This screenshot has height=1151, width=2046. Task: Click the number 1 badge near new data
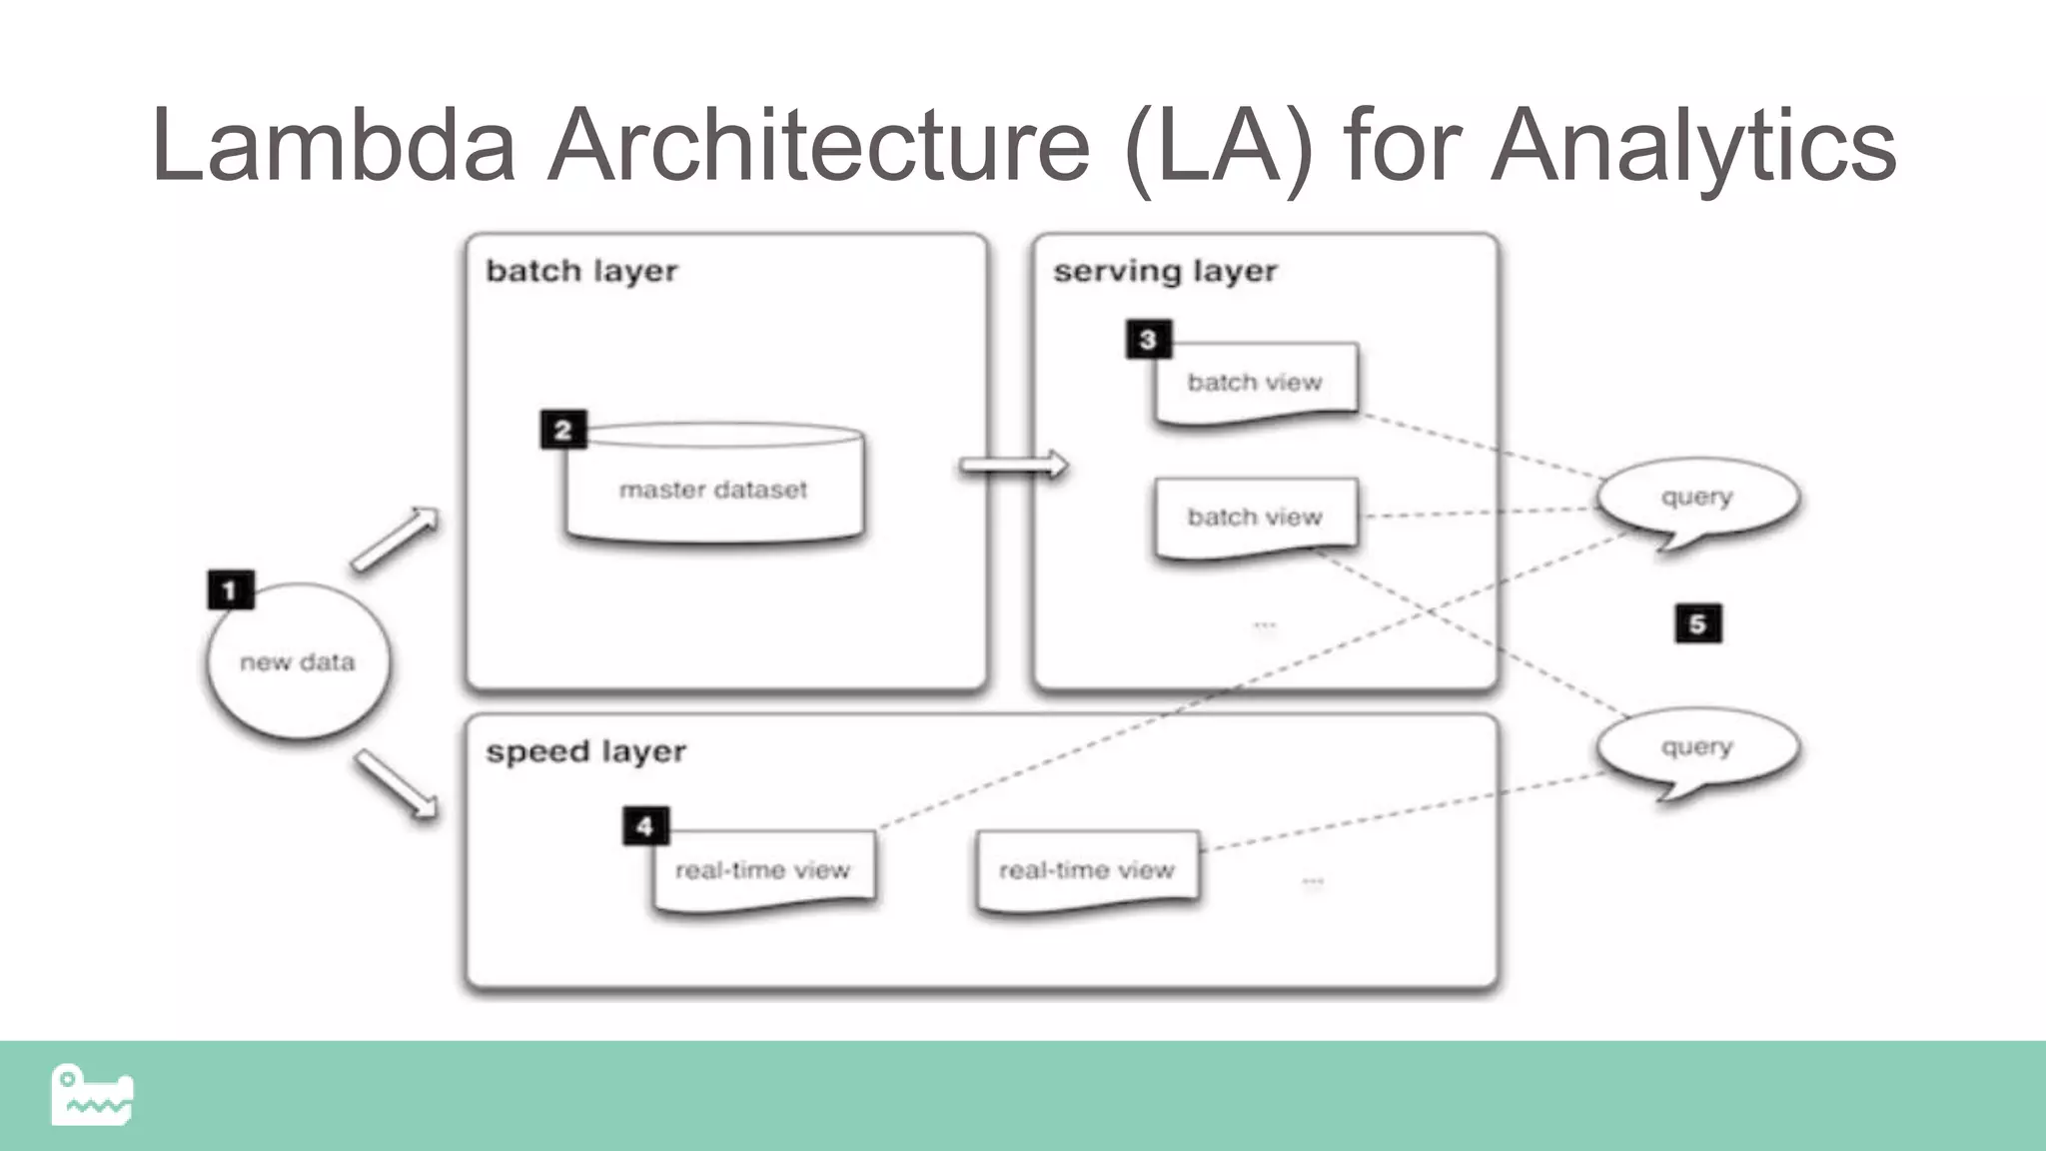click(x=231, y=589)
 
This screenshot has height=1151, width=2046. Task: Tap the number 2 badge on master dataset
click(x=563, y=430)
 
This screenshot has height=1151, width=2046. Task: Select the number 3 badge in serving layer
click(x=1148, y=340)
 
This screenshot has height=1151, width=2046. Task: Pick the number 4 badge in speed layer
click(x=645, y=826)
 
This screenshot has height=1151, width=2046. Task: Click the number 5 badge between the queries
click(x=1697, y=624)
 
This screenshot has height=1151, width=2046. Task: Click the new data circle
click(x=298, y=662)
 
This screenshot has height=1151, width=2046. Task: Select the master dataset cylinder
click(x=713, y=488)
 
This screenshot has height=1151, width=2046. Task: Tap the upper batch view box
click(x=1256, y=383)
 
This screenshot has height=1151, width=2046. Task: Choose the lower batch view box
click(x=1256, y=517)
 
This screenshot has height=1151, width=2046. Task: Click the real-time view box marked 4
click(x=763, y=870)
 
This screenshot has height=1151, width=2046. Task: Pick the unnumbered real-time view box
click(x=1087, y=870)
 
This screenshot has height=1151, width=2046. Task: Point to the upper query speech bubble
click(x=1697, y=498)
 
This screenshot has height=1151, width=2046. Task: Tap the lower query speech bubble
click(x=1697, y=747)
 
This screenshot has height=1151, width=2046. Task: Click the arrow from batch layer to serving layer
click(x=1013, y=466)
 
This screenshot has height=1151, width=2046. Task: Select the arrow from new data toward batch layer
click(x=396, y=540)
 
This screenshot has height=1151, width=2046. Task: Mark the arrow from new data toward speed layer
click(x=397, y=785)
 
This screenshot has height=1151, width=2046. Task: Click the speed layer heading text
click(x=585, y=751)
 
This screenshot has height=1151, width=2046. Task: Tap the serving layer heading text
click(x=1165, y=271)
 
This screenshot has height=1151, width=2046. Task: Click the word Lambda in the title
click(x=333, y=146)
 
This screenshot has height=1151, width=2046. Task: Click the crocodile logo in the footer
click(x=92, y=1095)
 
